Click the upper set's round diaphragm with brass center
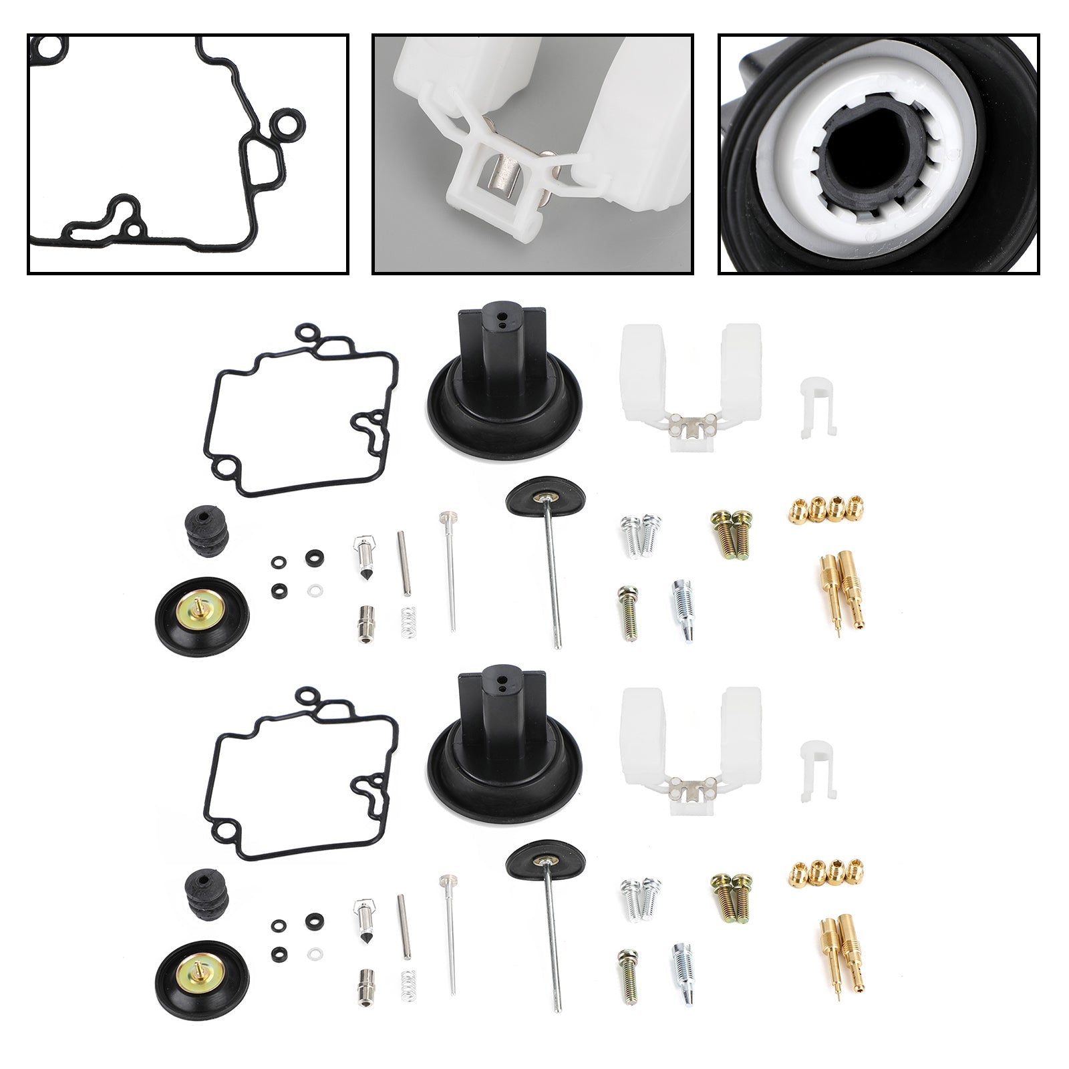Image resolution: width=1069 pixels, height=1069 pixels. (x=201, y=611)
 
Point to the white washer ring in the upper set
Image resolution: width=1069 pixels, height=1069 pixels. (x=312, y=591)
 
